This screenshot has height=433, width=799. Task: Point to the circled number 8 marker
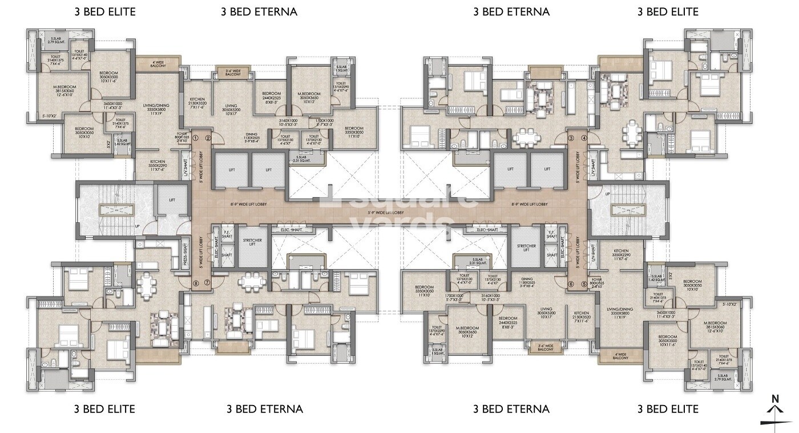pyautogui.click(x=195, y=282)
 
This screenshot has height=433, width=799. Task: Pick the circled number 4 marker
pyautogui.click(x=584, y=138)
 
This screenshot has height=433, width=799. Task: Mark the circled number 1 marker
pyautogui.click(x=195, y=138)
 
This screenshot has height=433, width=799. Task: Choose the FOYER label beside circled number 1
pyautogui.click(x=182, y=138)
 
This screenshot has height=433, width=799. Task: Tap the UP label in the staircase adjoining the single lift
pyautogui.click(x=137, y=226)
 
